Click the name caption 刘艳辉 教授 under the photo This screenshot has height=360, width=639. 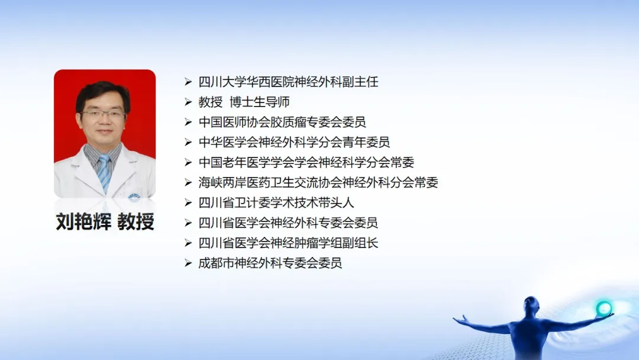click(x=105, y=222)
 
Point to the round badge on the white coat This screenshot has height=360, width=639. click(x=134, y=197)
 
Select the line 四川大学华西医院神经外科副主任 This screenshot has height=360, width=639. click(x=289, y=82)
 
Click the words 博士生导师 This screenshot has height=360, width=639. click(x=260, y=102)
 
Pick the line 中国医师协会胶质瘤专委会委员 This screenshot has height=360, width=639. click(x=282, y=122)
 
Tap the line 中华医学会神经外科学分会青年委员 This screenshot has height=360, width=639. click(x=294, y=142)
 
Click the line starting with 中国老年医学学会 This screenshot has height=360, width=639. click(x=306, y=162)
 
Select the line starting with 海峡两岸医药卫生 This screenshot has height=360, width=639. click(x=318, y=182)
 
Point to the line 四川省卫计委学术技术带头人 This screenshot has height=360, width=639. click(x=276, y=202)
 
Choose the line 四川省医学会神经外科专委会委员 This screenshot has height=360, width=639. click(x=289, y=223)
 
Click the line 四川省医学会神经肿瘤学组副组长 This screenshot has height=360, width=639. click(x=289, y=243)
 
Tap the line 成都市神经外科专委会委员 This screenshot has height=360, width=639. click(x=270, y=263)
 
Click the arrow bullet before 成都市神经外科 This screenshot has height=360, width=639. click(x=188, y=263)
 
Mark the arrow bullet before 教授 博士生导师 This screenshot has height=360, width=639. click(x=188, y=102)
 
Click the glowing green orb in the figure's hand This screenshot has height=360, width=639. click(x=603, y=308)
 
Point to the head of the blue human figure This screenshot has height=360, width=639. click(x=531, y=304)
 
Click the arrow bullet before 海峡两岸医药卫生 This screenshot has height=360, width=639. click(x=188, y=182)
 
